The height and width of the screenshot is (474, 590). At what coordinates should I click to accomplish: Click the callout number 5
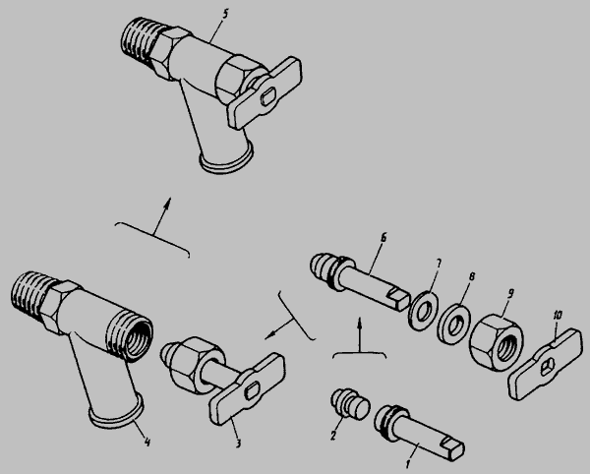coord(224,15)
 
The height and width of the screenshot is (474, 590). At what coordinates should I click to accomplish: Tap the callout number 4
coord(147,443)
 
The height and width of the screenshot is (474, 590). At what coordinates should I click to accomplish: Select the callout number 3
coord(238,444)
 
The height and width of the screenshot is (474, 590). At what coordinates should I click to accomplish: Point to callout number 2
coord(333,436)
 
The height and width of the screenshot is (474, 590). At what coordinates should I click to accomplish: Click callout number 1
coord(408,464)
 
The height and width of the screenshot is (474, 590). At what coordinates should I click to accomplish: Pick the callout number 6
coord(383,238)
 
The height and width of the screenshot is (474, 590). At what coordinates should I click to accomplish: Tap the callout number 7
coord(439,264)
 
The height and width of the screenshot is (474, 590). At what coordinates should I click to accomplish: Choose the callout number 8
coord(472,277)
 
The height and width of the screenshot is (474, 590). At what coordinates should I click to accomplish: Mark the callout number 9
coord(510,294)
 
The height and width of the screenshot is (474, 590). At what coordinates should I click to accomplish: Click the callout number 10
coord(558,315)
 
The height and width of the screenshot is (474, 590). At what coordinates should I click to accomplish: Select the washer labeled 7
coord(422,310)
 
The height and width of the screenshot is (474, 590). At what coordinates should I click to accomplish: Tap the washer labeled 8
coord(452,324)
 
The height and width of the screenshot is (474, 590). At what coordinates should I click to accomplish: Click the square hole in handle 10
coord(547,367)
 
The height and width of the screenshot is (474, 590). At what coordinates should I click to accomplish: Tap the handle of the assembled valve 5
coord(265,92)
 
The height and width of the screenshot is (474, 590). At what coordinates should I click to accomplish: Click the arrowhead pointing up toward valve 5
coord(167,203)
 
